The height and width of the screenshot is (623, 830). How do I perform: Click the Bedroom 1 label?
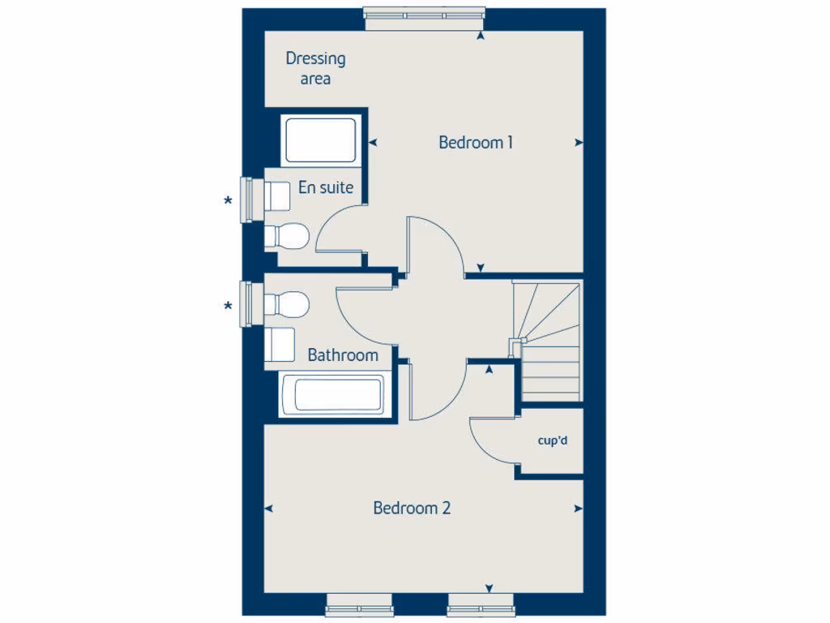click(476, 143)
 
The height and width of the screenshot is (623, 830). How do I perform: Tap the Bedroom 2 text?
click(412, 509)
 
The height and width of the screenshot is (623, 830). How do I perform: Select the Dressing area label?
click(315, 68)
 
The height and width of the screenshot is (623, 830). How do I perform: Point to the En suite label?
click(326, 187)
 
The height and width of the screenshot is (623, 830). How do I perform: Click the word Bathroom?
click(343, 355)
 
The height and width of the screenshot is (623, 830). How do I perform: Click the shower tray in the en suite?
click(320, 140)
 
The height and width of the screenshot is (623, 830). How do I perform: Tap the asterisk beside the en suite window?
click(229, 201)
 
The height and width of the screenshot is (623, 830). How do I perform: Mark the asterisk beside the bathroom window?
click(229, 307)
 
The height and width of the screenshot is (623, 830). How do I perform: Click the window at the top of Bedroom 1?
click(425, 19)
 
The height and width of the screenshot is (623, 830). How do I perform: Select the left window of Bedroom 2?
click(359, 604)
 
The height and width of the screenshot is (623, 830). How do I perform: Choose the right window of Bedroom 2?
click(481, 604)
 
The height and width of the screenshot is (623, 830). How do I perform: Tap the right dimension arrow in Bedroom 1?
click(579, 143)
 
